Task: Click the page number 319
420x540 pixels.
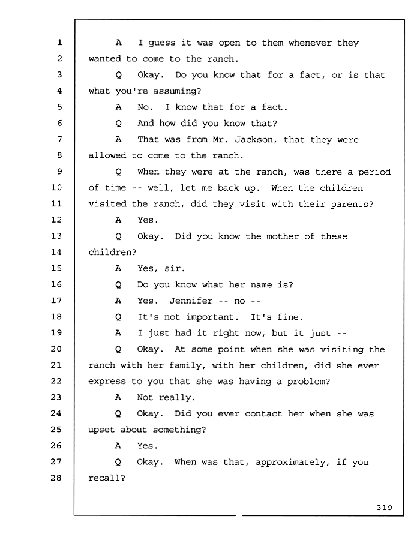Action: point(385,508)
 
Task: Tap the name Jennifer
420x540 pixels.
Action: point(191,301)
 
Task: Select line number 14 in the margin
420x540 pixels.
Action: point(56,252)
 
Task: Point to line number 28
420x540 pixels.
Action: point(56,478)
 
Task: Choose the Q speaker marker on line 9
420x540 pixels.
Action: point(118,172)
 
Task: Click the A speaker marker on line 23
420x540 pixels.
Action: point(118,397)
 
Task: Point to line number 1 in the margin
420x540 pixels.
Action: point(59,43)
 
